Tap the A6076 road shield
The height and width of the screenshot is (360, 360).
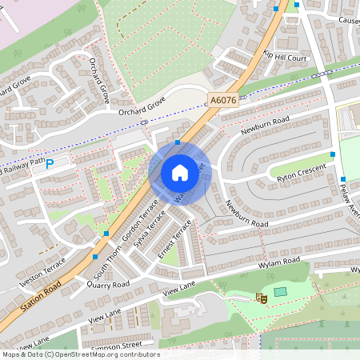tap(222, 100)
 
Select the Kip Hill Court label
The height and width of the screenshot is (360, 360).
tap(285, 58)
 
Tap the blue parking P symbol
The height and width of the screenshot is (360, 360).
tap(50, 164)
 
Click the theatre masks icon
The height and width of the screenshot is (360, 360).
tap(260, 298)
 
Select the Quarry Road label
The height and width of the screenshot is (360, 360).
tap(108, 284)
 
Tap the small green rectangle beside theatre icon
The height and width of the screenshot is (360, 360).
tap(279, 292)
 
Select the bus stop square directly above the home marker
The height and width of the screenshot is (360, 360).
tap(178, 142)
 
